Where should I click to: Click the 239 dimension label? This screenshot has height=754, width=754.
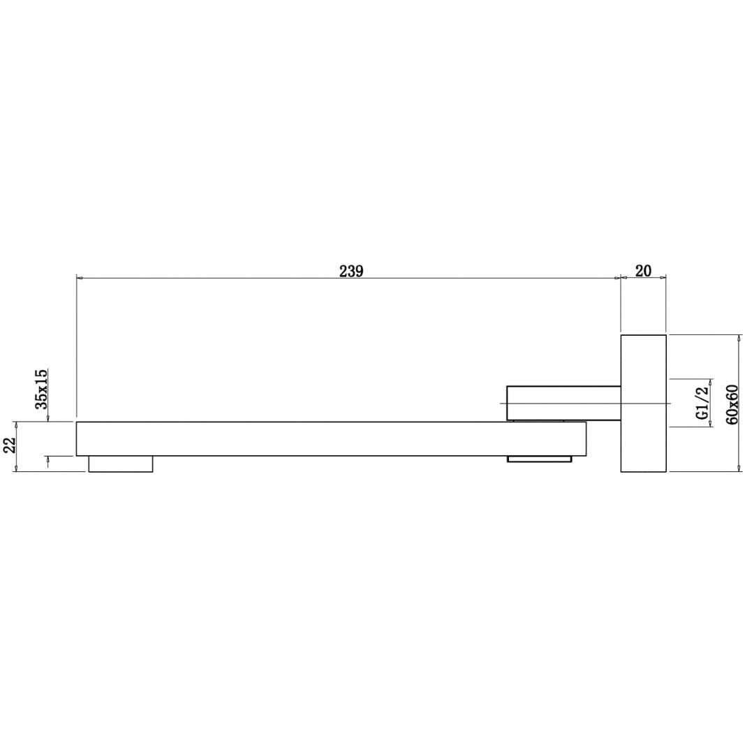point(351,271)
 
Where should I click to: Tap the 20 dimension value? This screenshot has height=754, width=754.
point(644,271)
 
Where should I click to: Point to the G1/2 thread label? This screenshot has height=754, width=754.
point(703,403)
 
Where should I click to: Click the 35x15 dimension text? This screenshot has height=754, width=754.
point(42,389)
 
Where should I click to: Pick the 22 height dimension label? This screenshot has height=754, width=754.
point(10,445)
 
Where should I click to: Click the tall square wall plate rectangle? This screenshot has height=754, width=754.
point(644,403)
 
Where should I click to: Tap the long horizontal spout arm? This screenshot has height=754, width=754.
point(331,438)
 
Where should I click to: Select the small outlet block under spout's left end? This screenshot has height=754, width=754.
point(121,464)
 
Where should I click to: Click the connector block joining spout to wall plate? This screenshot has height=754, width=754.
point(563,403)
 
